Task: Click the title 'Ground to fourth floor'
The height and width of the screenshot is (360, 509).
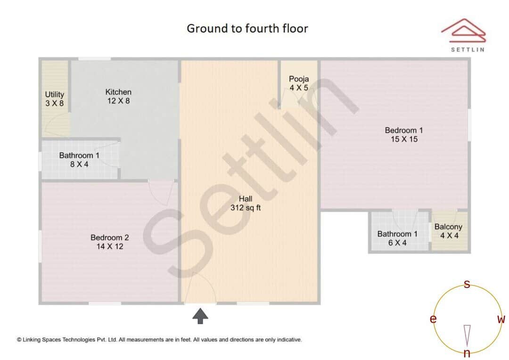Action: (247, 29)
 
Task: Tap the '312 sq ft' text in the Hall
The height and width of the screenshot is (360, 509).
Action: (246, 207)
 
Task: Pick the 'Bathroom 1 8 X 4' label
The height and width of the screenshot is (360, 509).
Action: (79, 160)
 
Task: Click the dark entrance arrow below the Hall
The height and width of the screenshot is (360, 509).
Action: (200, 316)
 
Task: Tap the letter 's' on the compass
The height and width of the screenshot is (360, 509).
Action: (467, 284)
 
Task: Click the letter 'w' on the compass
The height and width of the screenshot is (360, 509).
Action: (501, 319)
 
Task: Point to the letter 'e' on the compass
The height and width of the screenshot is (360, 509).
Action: (433, 319)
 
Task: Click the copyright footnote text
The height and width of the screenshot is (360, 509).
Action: (159, 339)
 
